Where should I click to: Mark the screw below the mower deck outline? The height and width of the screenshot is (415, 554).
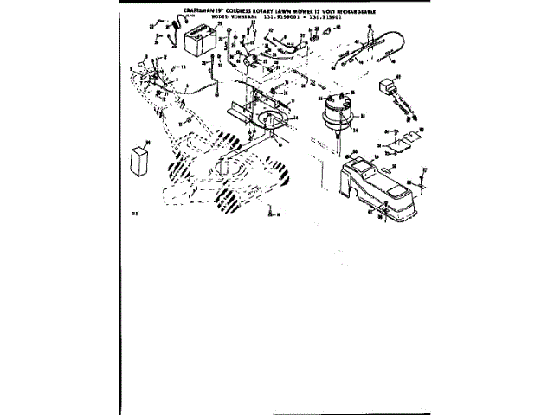tap(271, 210)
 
